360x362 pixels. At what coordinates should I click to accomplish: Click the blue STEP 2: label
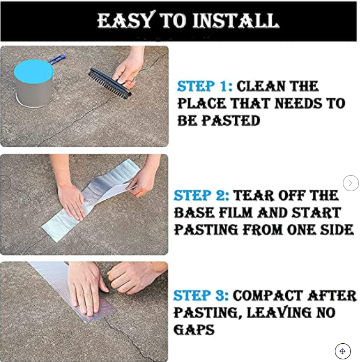tap(201, 195)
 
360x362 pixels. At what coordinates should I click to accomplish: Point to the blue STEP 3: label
tap(201, 296)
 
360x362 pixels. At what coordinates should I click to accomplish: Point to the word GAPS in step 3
tap(194, 330)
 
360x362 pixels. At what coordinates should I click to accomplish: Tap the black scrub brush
tap(109, 83)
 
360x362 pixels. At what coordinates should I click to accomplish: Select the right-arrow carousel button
tap(350, 183)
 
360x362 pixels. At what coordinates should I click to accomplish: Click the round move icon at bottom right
tap(342, 351)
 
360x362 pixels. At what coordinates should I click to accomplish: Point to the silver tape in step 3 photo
tap(64, 284)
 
